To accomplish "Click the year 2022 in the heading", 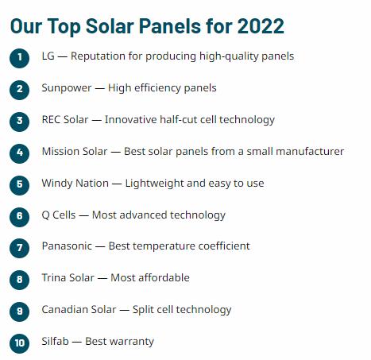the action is coord(261,26).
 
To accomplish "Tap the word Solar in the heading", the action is coord(110,26).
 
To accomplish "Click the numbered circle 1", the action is coord(20,58).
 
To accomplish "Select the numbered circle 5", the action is coord(20,185).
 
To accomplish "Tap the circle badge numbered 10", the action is coord(20,343).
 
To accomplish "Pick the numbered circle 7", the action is coord(20,248).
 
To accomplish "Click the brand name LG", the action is coord(48,56).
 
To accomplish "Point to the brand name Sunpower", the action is coord(67,88).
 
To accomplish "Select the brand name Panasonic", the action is coord(67,246).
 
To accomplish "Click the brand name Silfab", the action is coord(55,341).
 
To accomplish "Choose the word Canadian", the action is coord(61,309).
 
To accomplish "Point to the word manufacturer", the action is coord(310,152).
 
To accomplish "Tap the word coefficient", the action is coord(224,246).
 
